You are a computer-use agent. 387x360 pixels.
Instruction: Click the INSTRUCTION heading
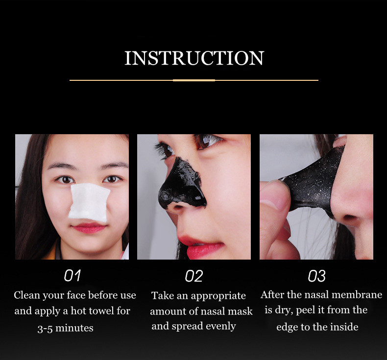pyautogui.click(x=194, y=58)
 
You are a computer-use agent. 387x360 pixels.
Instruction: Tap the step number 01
pyautogui.click(x=73, y=276)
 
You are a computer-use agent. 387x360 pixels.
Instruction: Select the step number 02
pyautogui.click(x=194, y=276)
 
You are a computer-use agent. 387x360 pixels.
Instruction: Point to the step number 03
pyautogui.click(x=316, y=276)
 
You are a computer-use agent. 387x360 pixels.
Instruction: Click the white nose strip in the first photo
pyautogui.click(x=89, y=202)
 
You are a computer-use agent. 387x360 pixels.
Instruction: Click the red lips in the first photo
pyautogui.click(x=89, y=228)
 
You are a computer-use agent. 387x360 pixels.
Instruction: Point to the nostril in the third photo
pyautogui.click(x=350, y=217)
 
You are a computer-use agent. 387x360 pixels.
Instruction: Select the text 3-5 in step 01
pyautogui.click(x=45, y=329)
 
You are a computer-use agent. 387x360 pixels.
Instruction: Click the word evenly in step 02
pyautogui.click(x=220, y=326)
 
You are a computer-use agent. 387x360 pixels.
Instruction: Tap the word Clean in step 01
pyautogui.click(x=27, y=295)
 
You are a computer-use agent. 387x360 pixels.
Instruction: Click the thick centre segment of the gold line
pyautogui.click(x=194, y=80)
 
